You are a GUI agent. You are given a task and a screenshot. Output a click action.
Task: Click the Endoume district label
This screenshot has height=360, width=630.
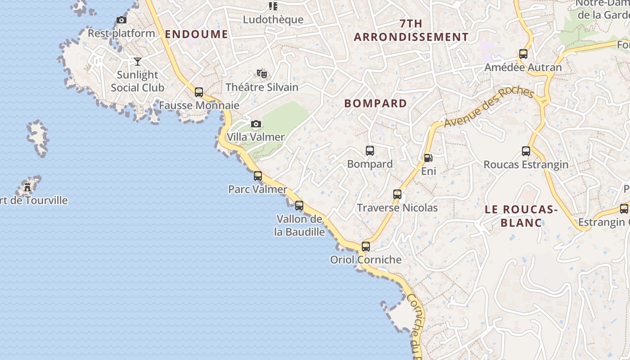[196, 34]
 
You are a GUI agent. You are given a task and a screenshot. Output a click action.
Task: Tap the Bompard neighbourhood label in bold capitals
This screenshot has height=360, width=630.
[375, 103]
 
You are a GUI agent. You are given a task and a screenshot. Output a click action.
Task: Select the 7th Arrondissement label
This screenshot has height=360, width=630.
[411, 30]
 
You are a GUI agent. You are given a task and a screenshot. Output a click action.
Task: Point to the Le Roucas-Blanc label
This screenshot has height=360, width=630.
[521, 216]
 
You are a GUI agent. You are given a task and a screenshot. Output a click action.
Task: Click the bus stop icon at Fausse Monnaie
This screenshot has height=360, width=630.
[199, 92]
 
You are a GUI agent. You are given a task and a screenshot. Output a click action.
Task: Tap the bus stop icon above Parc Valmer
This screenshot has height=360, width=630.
[258, 176]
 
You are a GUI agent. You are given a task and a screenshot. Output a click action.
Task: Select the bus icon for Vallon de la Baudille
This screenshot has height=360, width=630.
[299, 206]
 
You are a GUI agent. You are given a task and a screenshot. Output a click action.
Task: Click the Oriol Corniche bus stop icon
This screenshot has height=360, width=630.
[366, 247]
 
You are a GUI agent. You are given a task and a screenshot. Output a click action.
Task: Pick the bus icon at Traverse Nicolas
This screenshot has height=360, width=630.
[397, 194]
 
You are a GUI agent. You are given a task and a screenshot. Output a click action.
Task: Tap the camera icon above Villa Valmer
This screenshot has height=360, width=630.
[256, 124]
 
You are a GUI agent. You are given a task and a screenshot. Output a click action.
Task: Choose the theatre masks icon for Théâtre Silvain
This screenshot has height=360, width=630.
[261, 73]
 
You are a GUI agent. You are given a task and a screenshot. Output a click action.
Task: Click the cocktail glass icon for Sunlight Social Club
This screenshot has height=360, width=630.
[138, 61]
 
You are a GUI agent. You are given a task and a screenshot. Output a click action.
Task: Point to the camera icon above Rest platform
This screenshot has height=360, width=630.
[121, 20]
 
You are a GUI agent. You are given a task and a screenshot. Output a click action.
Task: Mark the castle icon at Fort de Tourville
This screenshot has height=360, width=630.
[28, 187]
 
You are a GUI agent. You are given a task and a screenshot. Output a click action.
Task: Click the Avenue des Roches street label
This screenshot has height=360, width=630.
[488, 107]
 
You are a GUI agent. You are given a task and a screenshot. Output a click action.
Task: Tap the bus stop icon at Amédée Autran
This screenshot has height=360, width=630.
[523, 54]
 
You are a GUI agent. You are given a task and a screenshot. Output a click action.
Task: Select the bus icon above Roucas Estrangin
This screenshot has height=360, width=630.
[526, 151]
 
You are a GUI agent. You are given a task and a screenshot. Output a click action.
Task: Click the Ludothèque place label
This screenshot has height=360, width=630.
[273, 20]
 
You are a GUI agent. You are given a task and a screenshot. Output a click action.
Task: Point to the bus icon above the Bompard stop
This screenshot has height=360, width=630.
[370, 151]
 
